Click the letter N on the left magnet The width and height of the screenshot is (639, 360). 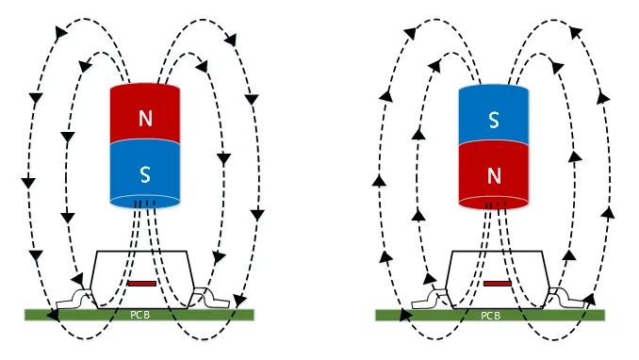click(x=145, y=118)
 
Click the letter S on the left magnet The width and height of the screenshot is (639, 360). click(x=145, y=174)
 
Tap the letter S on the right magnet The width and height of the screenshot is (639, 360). click(x=494, y=121)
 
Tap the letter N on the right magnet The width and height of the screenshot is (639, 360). click(x=494, y=176)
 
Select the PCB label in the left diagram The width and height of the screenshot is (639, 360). click(x=139, y=315)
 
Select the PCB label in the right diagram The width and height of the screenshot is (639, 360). click(x=490, y=316)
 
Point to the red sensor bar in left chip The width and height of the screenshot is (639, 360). click(x=142, y=284)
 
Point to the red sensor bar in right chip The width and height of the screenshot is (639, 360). click(x=498, y=284)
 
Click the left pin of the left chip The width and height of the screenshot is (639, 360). click(x=74, y=301)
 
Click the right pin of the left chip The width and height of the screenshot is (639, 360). click(x=211, y=298)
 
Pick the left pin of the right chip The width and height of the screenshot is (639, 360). click(x=429, y=300)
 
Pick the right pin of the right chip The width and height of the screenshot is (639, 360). click(x=566, y=299)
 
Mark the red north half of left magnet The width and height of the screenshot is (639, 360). click(x=145, y=113)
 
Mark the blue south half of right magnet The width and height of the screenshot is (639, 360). click(x=494, y=115)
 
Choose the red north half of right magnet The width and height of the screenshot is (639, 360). click(x=494, y=174)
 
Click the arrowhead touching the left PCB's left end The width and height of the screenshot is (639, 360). click(x=52, y=315)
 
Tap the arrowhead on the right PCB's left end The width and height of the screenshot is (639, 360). click(x=404, y=315)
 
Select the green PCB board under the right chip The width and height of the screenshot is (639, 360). click(x=490, y=315)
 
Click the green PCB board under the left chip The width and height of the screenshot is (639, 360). click(x=139, y=315)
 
